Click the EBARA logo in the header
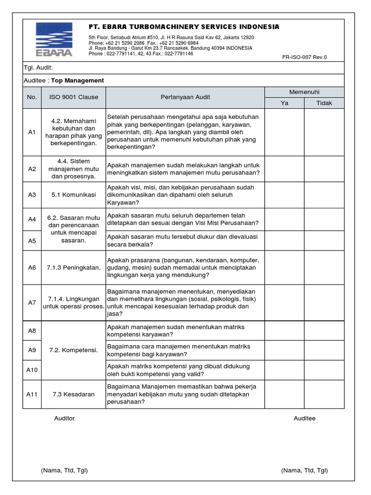tap(54, 40)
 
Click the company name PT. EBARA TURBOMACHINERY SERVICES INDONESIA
tap(184, 27)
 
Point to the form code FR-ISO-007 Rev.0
tap(304, 57)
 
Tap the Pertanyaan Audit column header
tap(185, 97)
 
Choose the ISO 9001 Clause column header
tap(73, 97)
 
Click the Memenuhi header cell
tap(304, 92)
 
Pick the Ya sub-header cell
tap(285, 103)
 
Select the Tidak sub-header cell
tap(324, 103)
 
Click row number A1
tap(32, 132)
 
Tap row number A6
tap(32, 267)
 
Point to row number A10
tap(32, 370)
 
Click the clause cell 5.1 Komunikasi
tap(73, 195)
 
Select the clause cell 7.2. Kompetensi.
tap(73, 349)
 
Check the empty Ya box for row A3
tap(285, 195)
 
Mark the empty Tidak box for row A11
tap(324, 394)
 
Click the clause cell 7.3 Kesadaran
tap(73, 394)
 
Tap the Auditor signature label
tap(64, 418)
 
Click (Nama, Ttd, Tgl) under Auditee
tap(304, 470)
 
